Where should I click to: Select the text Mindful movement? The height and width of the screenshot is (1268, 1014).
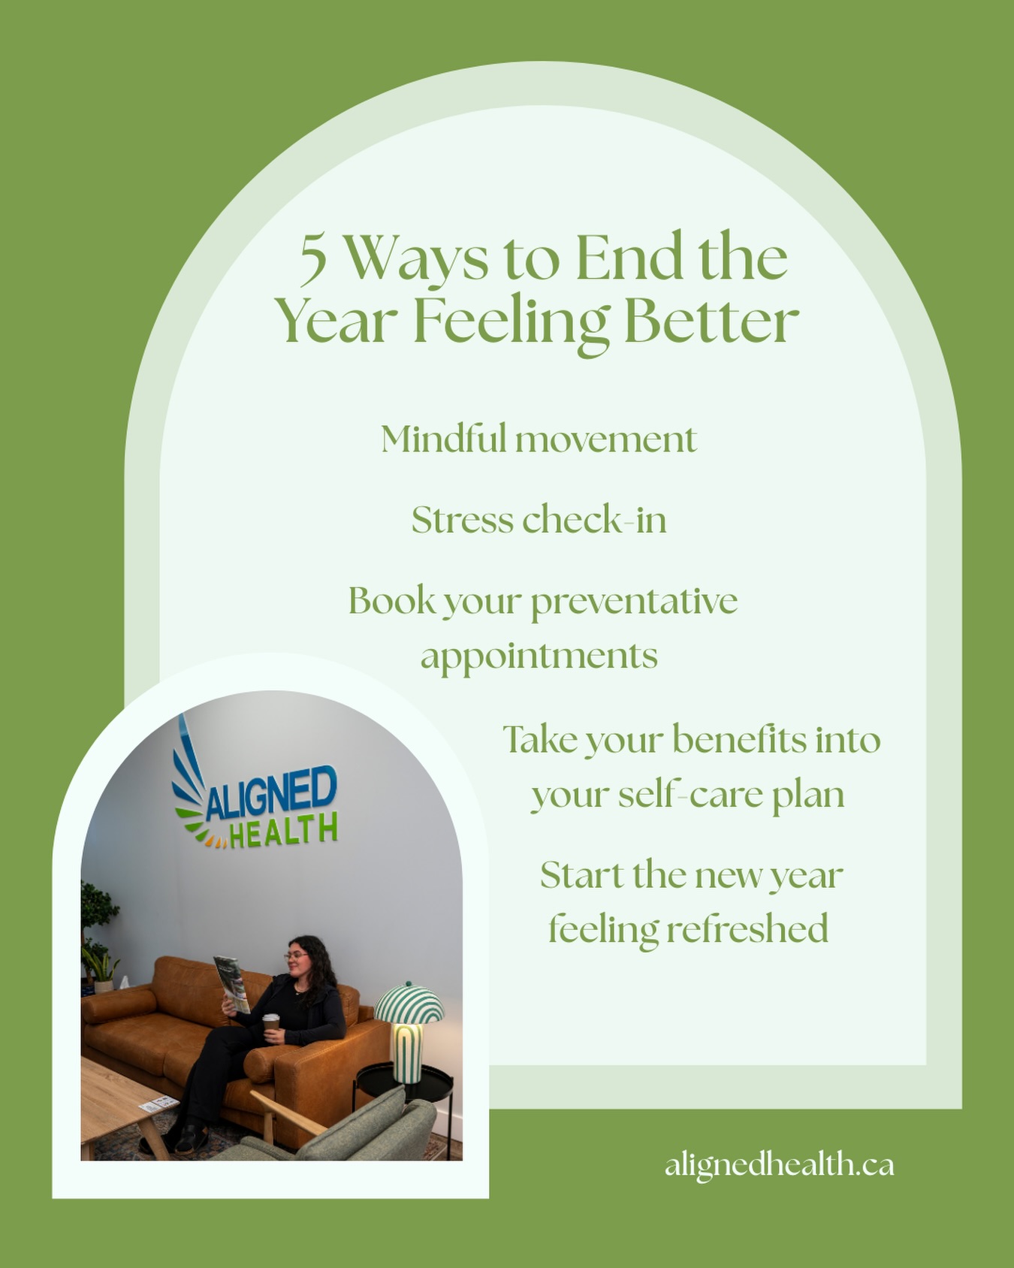[x=539, y=439]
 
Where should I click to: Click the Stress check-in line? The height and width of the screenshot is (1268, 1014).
[x=539, y=520]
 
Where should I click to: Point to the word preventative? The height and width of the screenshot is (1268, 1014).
[x=635, y=602]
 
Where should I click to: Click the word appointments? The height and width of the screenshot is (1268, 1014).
[x=539, y=656]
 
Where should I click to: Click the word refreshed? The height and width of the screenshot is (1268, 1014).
[x=747, y=929]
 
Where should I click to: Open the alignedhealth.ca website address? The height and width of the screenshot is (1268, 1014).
[x=779, y=1165]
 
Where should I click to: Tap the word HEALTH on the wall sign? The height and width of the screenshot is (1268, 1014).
[x=283, y=832]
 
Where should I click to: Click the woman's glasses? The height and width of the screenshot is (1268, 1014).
[x=295, y=956]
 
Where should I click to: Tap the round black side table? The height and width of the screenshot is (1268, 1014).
[x=404, y=1085]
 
